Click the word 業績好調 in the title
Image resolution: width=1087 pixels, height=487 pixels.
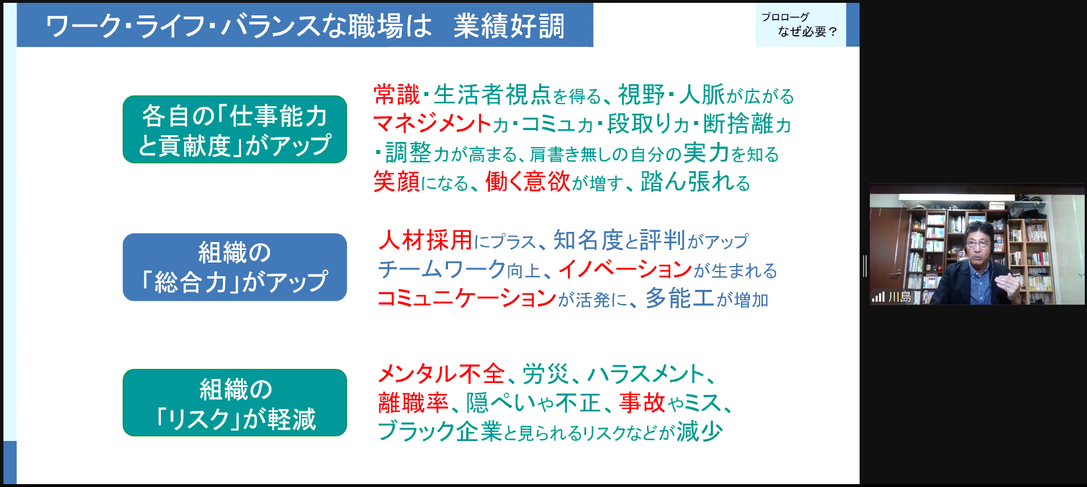[509, 26]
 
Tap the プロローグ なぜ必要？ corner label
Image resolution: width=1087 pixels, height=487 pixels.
[800, 25]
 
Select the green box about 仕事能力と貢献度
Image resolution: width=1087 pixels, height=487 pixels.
[235, 130]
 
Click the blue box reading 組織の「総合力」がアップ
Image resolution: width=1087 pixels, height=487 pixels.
[235, 267]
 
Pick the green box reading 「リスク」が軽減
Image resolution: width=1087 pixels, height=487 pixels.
[235, 403]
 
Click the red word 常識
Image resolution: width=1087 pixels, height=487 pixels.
[396, 95]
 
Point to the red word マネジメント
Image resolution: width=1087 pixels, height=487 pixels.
[432, 123]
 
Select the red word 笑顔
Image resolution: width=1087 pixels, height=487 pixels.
[396, 182]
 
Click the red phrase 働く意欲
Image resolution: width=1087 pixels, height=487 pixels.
[528, 182]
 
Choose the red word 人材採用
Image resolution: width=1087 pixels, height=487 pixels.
[425, 240]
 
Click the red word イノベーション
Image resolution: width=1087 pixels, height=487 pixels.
[625, 269]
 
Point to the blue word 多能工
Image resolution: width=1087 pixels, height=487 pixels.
[680, 298]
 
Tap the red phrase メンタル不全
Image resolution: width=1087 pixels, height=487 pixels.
[442, 373]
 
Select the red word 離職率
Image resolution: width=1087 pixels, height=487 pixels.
[413, 402]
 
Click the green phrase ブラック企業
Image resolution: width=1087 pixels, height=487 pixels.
[440, 431]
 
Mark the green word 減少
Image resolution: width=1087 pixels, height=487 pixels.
[699, 431]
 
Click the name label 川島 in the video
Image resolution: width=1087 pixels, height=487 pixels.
[899, 297]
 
